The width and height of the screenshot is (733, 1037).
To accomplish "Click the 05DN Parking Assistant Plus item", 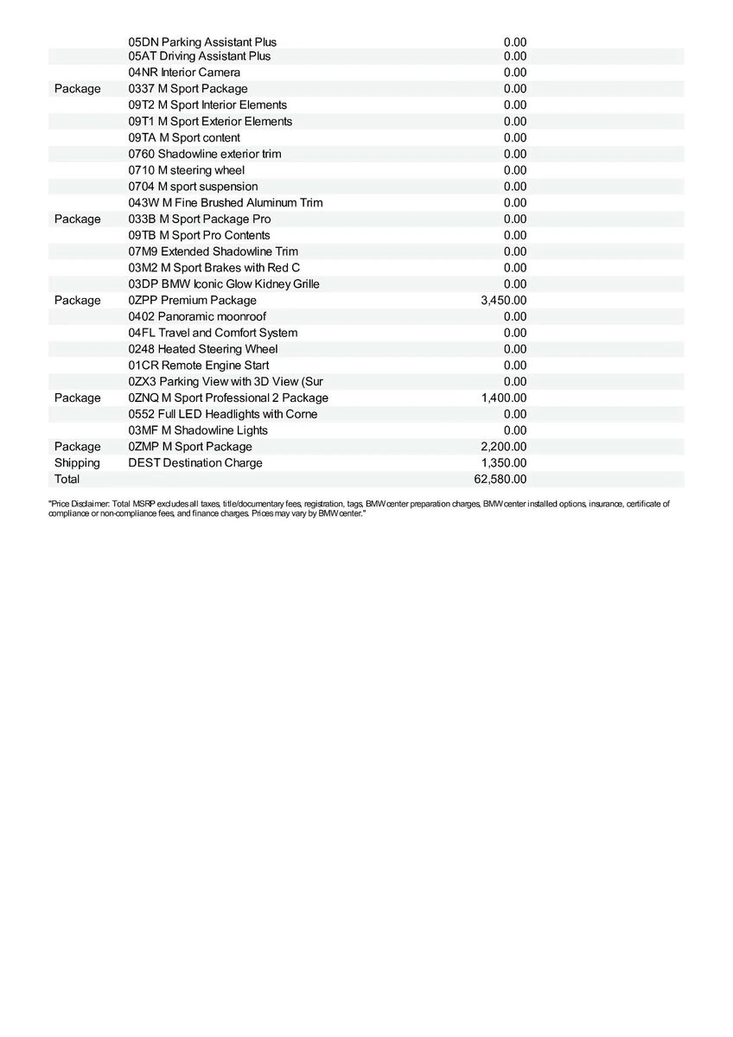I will pyautogui.click(x=202, y=41).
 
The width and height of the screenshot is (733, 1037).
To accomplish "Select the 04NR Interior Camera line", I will pyautogui.click(x=184, y=73).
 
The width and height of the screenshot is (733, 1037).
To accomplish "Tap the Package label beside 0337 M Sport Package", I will pyautogui.click(x=77, y=89).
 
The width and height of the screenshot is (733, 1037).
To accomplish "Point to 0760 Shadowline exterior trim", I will pyautogui.click(x=204, y=154).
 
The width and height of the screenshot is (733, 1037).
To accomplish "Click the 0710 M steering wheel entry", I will pyautogui.click(x=186, y=170).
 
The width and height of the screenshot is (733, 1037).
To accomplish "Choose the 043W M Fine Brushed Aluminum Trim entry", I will pyautogui.click(x=225, y=203).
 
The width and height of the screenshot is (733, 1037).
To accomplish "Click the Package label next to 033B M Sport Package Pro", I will pyautogui.click(x=77, y=219).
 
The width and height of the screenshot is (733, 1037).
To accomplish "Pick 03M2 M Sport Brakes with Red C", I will pyautogui.click(x=214, y=268).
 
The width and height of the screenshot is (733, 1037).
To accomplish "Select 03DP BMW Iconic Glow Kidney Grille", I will pyautogui.click(x=224, y=284).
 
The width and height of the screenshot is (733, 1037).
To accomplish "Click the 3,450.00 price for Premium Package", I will pyautogui.click(x=503, y=301).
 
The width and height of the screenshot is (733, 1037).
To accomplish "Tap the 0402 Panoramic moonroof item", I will pyautogui.click(x=197, y=317).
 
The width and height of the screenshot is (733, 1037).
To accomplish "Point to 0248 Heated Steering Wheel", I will pyautogui.click(x=203, y=349).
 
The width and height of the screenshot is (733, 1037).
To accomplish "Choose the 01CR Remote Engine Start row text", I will pyautogui.click(x=198, y=366).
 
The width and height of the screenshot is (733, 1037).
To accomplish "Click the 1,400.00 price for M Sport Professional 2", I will pyautogui.click(x=503, y=398).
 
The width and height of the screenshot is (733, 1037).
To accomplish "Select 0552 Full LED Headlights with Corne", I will pyautogui.click(x=222, y=414).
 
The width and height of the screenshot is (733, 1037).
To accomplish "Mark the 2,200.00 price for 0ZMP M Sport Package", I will pyautogui.click(x=503, y=447).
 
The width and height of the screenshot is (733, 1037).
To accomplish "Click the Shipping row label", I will pyautogui.click(x=77, y=463).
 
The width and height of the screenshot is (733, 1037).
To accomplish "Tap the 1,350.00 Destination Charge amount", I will pyautogui.click(x=503, y=463).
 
